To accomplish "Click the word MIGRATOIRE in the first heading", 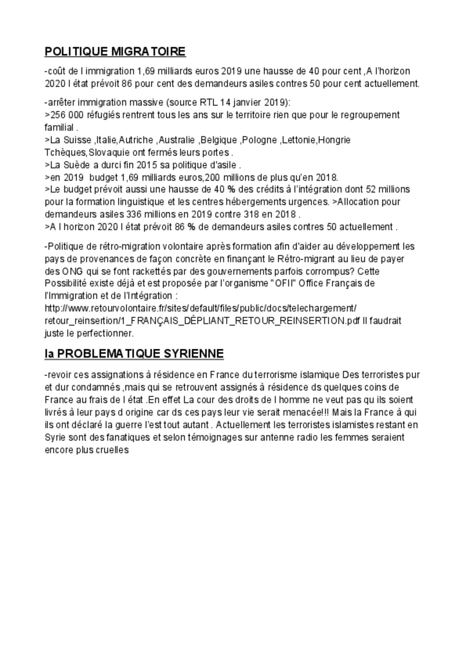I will pos(148,52).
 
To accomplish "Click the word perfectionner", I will pos(105,334).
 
